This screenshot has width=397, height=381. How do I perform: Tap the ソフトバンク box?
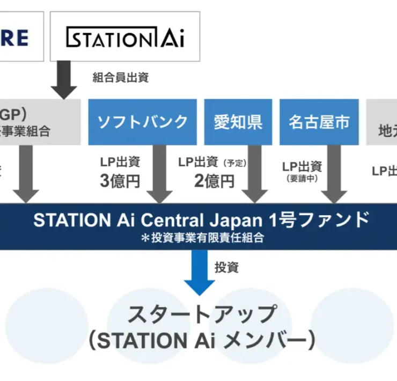pyautogui.click(x=143, y=122)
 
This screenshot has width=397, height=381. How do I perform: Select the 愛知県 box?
pyautogui.click(x=238, y=122)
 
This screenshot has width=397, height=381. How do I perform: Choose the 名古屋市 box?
pyautogui.click(x=319, y=122)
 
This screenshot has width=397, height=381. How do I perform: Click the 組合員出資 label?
pyautogui.click(x=121, y=77)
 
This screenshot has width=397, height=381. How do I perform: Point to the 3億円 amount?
pyautogui.click(x=120, y=181)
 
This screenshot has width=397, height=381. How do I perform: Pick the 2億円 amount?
pyautogui.click(x=214, y=181)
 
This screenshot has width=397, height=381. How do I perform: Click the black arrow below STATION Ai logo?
pyautogui.click(x=64, y=80)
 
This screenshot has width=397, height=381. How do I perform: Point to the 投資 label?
pyautogui.click(x=227, y=266)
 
